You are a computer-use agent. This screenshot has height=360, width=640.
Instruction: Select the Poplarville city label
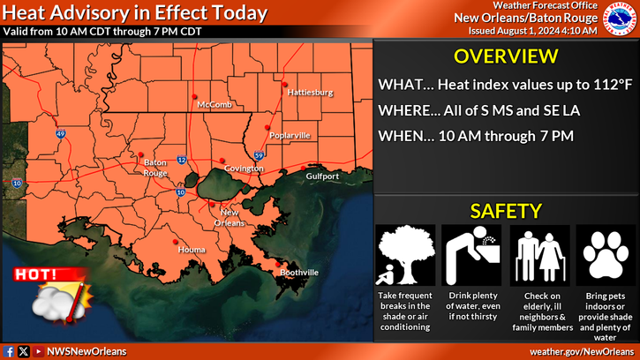pos(288,135)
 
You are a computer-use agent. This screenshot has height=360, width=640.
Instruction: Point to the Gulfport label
pos(323,176)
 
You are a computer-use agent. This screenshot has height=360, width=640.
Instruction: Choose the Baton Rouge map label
pos(155,168)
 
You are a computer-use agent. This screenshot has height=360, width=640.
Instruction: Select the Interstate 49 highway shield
pos(60,134)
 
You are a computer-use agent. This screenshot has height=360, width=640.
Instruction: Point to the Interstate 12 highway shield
pos(181,160)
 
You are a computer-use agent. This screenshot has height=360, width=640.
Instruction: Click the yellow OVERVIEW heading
pos(505,57)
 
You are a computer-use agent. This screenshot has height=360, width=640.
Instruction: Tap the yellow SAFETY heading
pos(505,211)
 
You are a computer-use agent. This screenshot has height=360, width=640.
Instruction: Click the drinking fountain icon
pos(471,254)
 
